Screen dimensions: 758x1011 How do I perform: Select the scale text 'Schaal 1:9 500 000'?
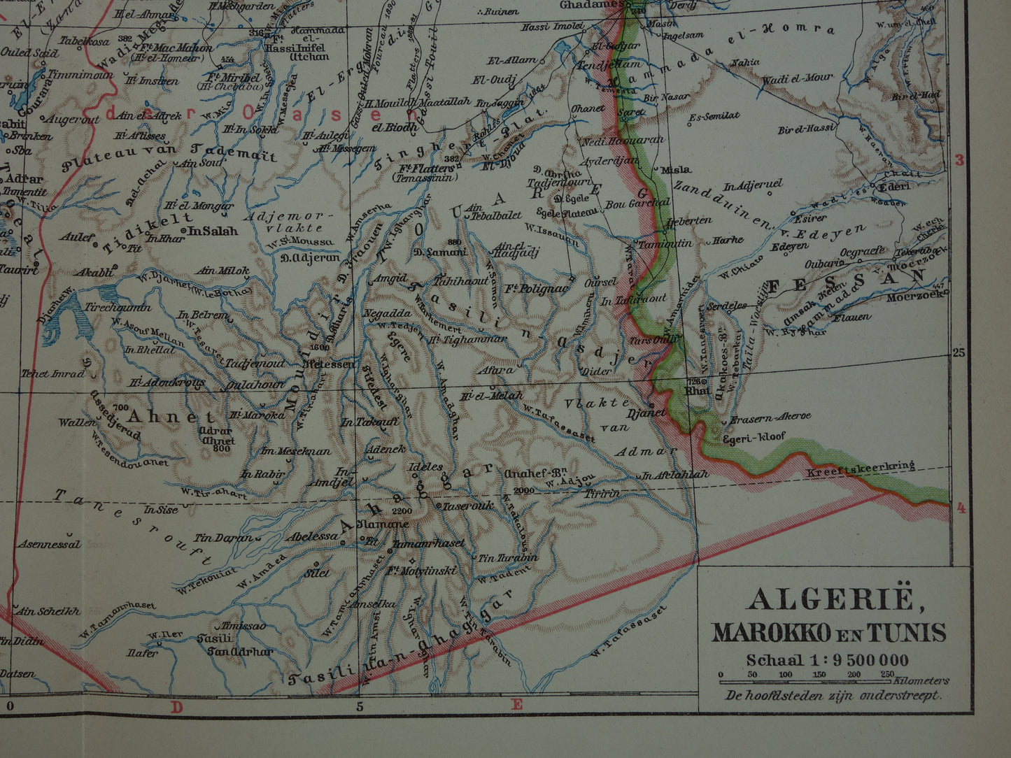[827, 660]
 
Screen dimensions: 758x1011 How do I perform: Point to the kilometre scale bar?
[805, 680]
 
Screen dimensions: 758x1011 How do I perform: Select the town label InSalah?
[213, 231]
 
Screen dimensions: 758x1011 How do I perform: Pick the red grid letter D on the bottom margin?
[177, 707]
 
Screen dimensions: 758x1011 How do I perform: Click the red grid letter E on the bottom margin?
[516, 705]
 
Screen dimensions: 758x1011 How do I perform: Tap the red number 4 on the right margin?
[961, 508]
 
